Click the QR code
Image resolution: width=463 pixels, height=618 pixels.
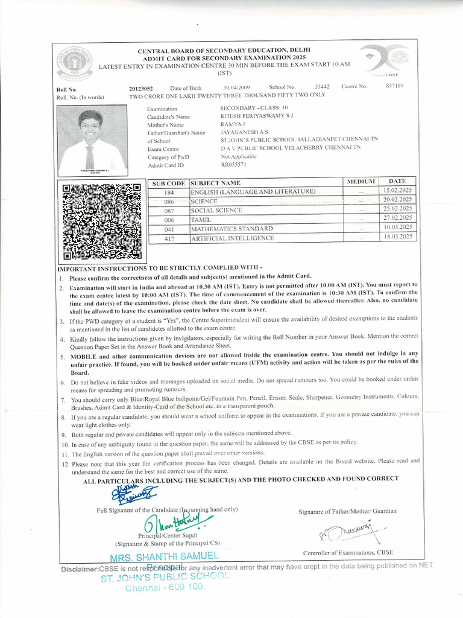tap(102, 220)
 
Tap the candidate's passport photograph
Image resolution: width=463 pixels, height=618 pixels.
tap(92, 139)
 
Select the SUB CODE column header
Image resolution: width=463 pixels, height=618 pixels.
tap(168, 182)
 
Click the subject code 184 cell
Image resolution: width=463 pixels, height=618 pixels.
tap(168, 192)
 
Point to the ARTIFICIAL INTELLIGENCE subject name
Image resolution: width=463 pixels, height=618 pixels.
tap(232, 238)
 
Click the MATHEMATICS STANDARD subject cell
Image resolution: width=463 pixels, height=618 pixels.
tap(231, 229)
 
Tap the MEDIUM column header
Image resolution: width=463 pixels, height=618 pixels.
tap(361, 181)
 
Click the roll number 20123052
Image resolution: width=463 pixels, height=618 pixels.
tap(141, 88)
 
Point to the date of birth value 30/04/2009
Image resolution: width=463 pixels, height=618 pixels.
tap(236, 88)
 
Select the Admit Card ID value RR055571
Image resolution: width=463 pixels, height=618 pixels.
tap(233, 165)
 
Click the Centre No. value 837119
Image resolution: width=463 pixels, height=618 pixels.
tap(394, 86)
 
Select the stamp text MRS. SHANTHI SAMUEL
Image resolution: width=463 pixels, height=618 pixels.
tap(164, 556)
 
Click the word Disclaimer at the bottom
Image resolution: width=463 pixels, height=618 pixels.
tap(80, 569)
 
